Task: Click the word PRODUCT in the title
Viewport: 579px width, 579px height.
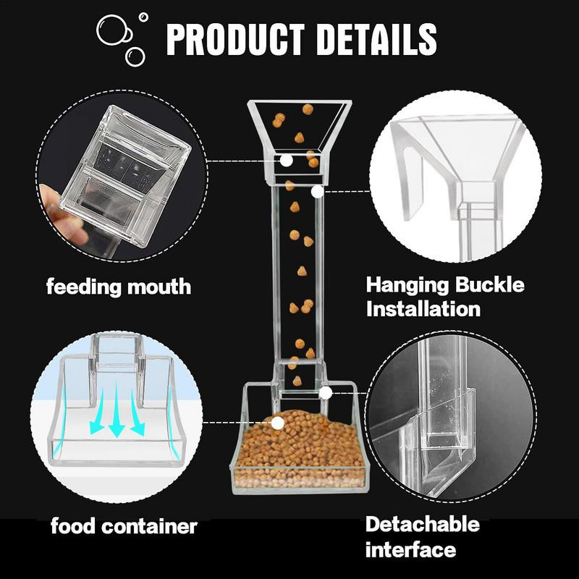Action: click(x=235, y=39)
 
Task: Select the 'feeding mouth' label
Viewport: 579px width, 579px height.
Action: click(x=119, y=287)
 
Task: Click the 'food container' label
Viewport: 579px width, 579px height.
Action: click(x=124, y=526)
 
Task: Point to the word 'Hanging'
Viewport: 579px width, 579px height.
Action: click(x=407, y=286)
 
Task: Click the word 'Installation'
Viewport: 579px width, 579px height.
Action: click(x=423, y=309)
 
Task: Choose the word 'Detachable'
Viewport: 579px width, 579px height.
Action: click(x=423, y=524)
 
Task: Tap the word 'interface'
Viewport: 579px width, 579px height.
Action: click(x=410, y=550)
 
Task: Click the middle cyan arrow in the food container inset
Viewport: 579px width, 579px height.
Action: click(x=117, y=410)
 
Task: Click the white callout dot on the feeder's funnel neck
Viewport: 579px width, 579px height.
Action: click(x=286, y=161)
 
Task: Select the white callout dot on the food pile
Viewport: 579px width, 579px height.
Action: click(x=278, y=423)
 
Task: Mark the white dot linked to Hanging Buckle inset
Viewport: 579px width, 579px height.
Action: click(x=317, y=192)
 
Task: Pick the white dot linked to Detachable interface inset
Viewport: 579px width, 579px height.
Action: click(x=325, y=393)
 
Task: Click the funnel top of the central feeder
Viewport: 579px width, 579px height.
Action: click(x=299, y=125)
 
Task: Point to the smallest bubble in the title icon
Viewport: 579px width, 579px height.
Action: click(x=143, y=17)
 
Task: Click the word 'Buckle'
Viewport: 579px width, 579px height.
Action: click(x=489, y=284)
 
